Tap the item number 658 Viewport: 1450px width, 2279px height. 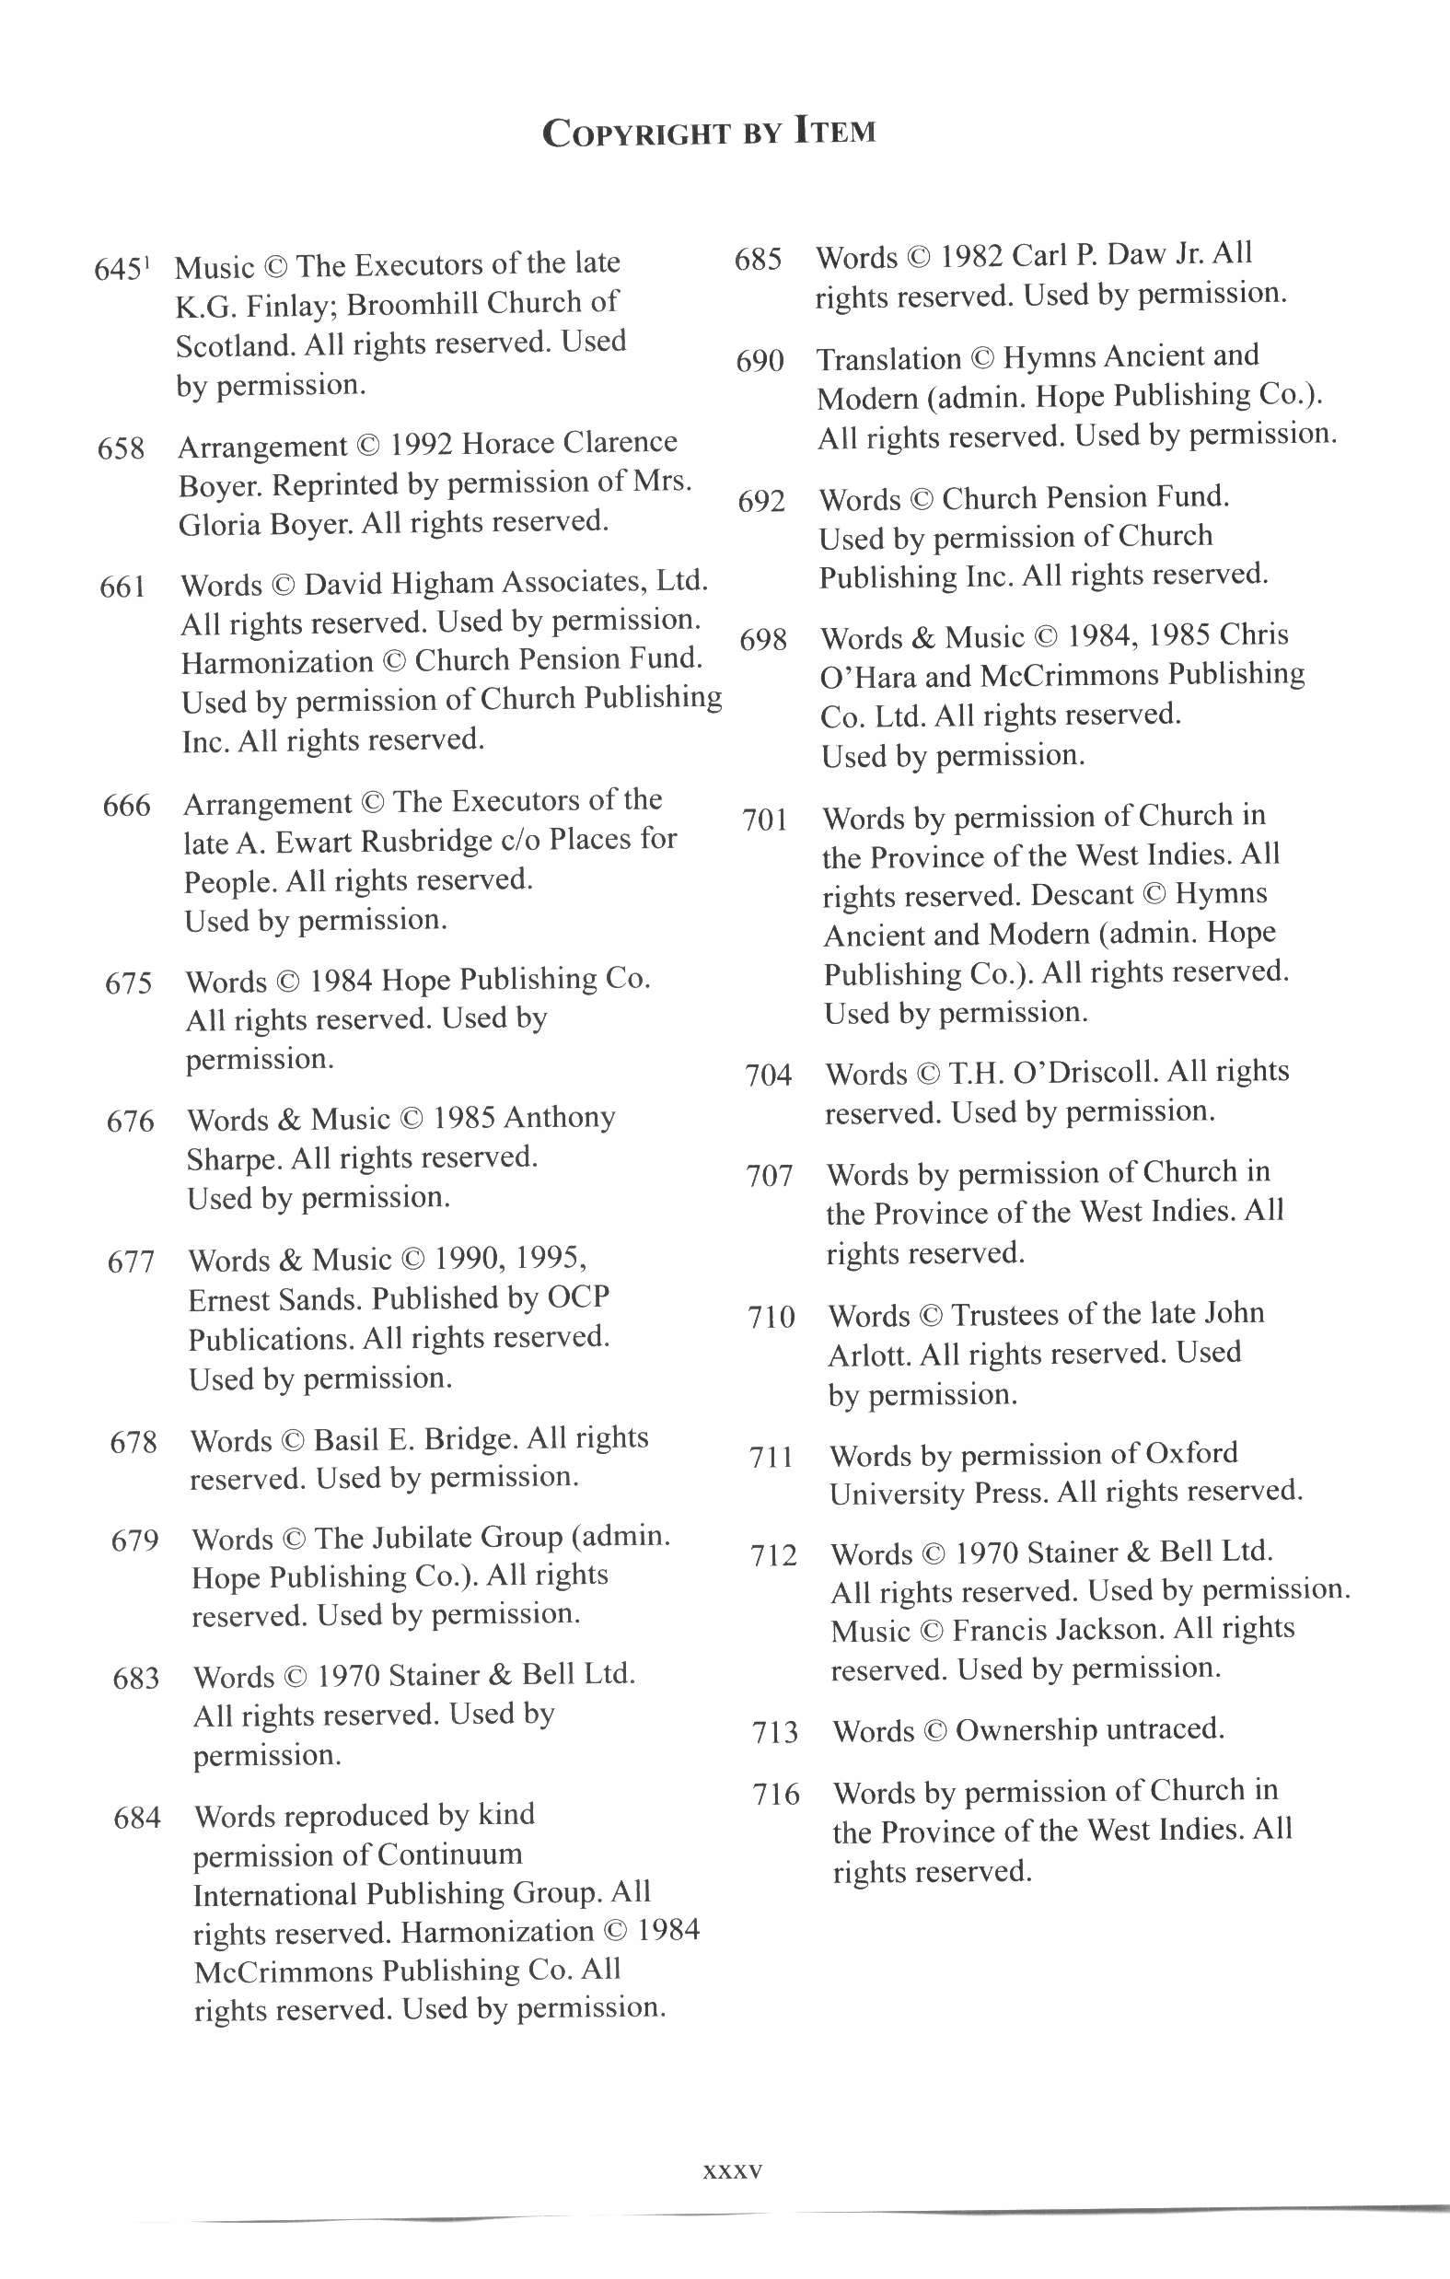tap(122, 448)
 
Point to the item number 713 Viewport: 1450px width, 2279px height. tap(775, 1732)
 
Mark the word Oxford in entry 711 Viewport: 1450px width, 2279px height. tap(1190, 1453)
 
